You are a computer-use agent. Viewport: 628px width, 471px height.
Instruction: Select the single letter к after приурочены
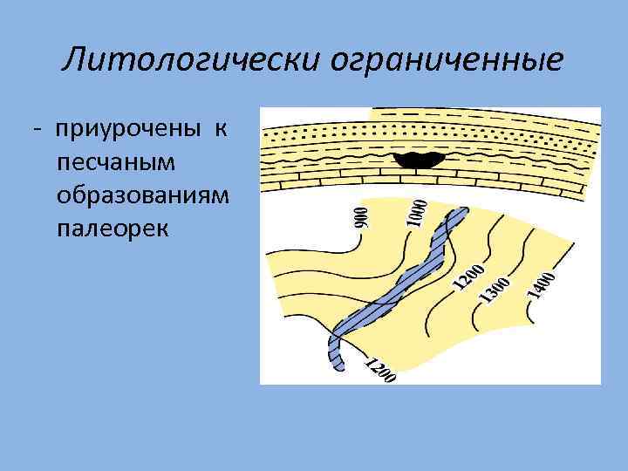point(222,129)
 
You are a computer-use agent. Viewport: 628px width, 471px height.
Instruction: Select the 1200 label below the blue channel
point(380,370)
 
